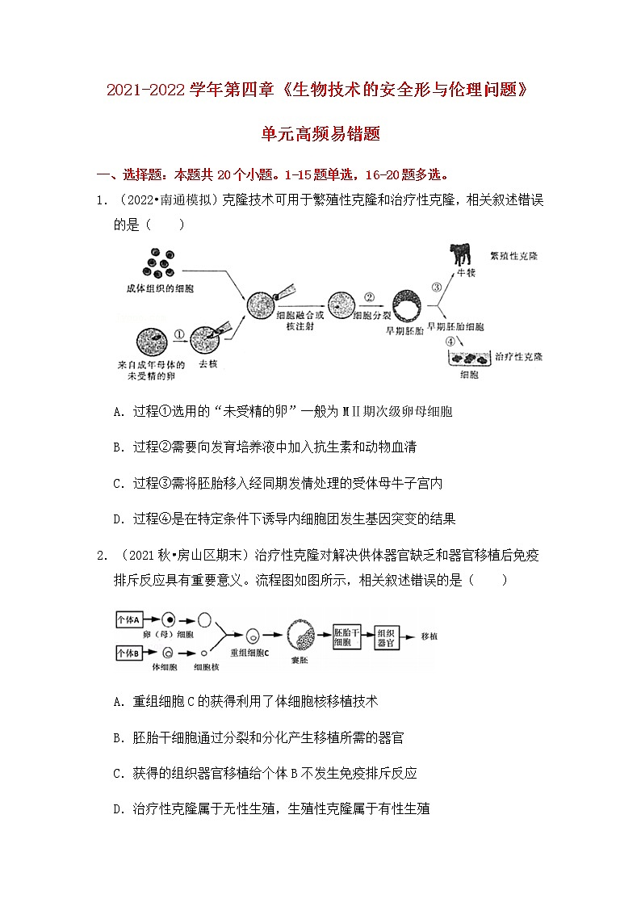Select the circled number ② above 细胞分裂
click(368, 296)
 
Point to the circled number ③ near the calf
click(436, 287)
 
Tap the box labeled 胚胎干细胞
click(342, 636)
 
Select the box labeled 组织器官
click(387, 636)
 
